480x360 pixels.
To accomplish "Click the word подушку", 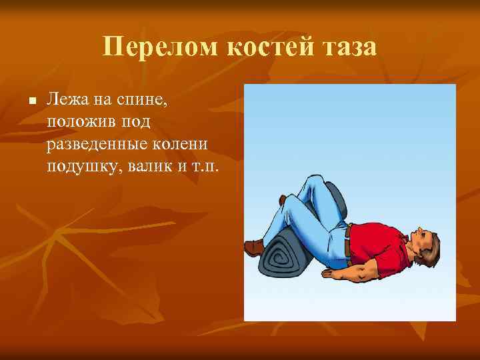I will [81, 165].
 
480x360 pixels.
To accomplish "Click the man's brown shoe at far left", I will [254, 248].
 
